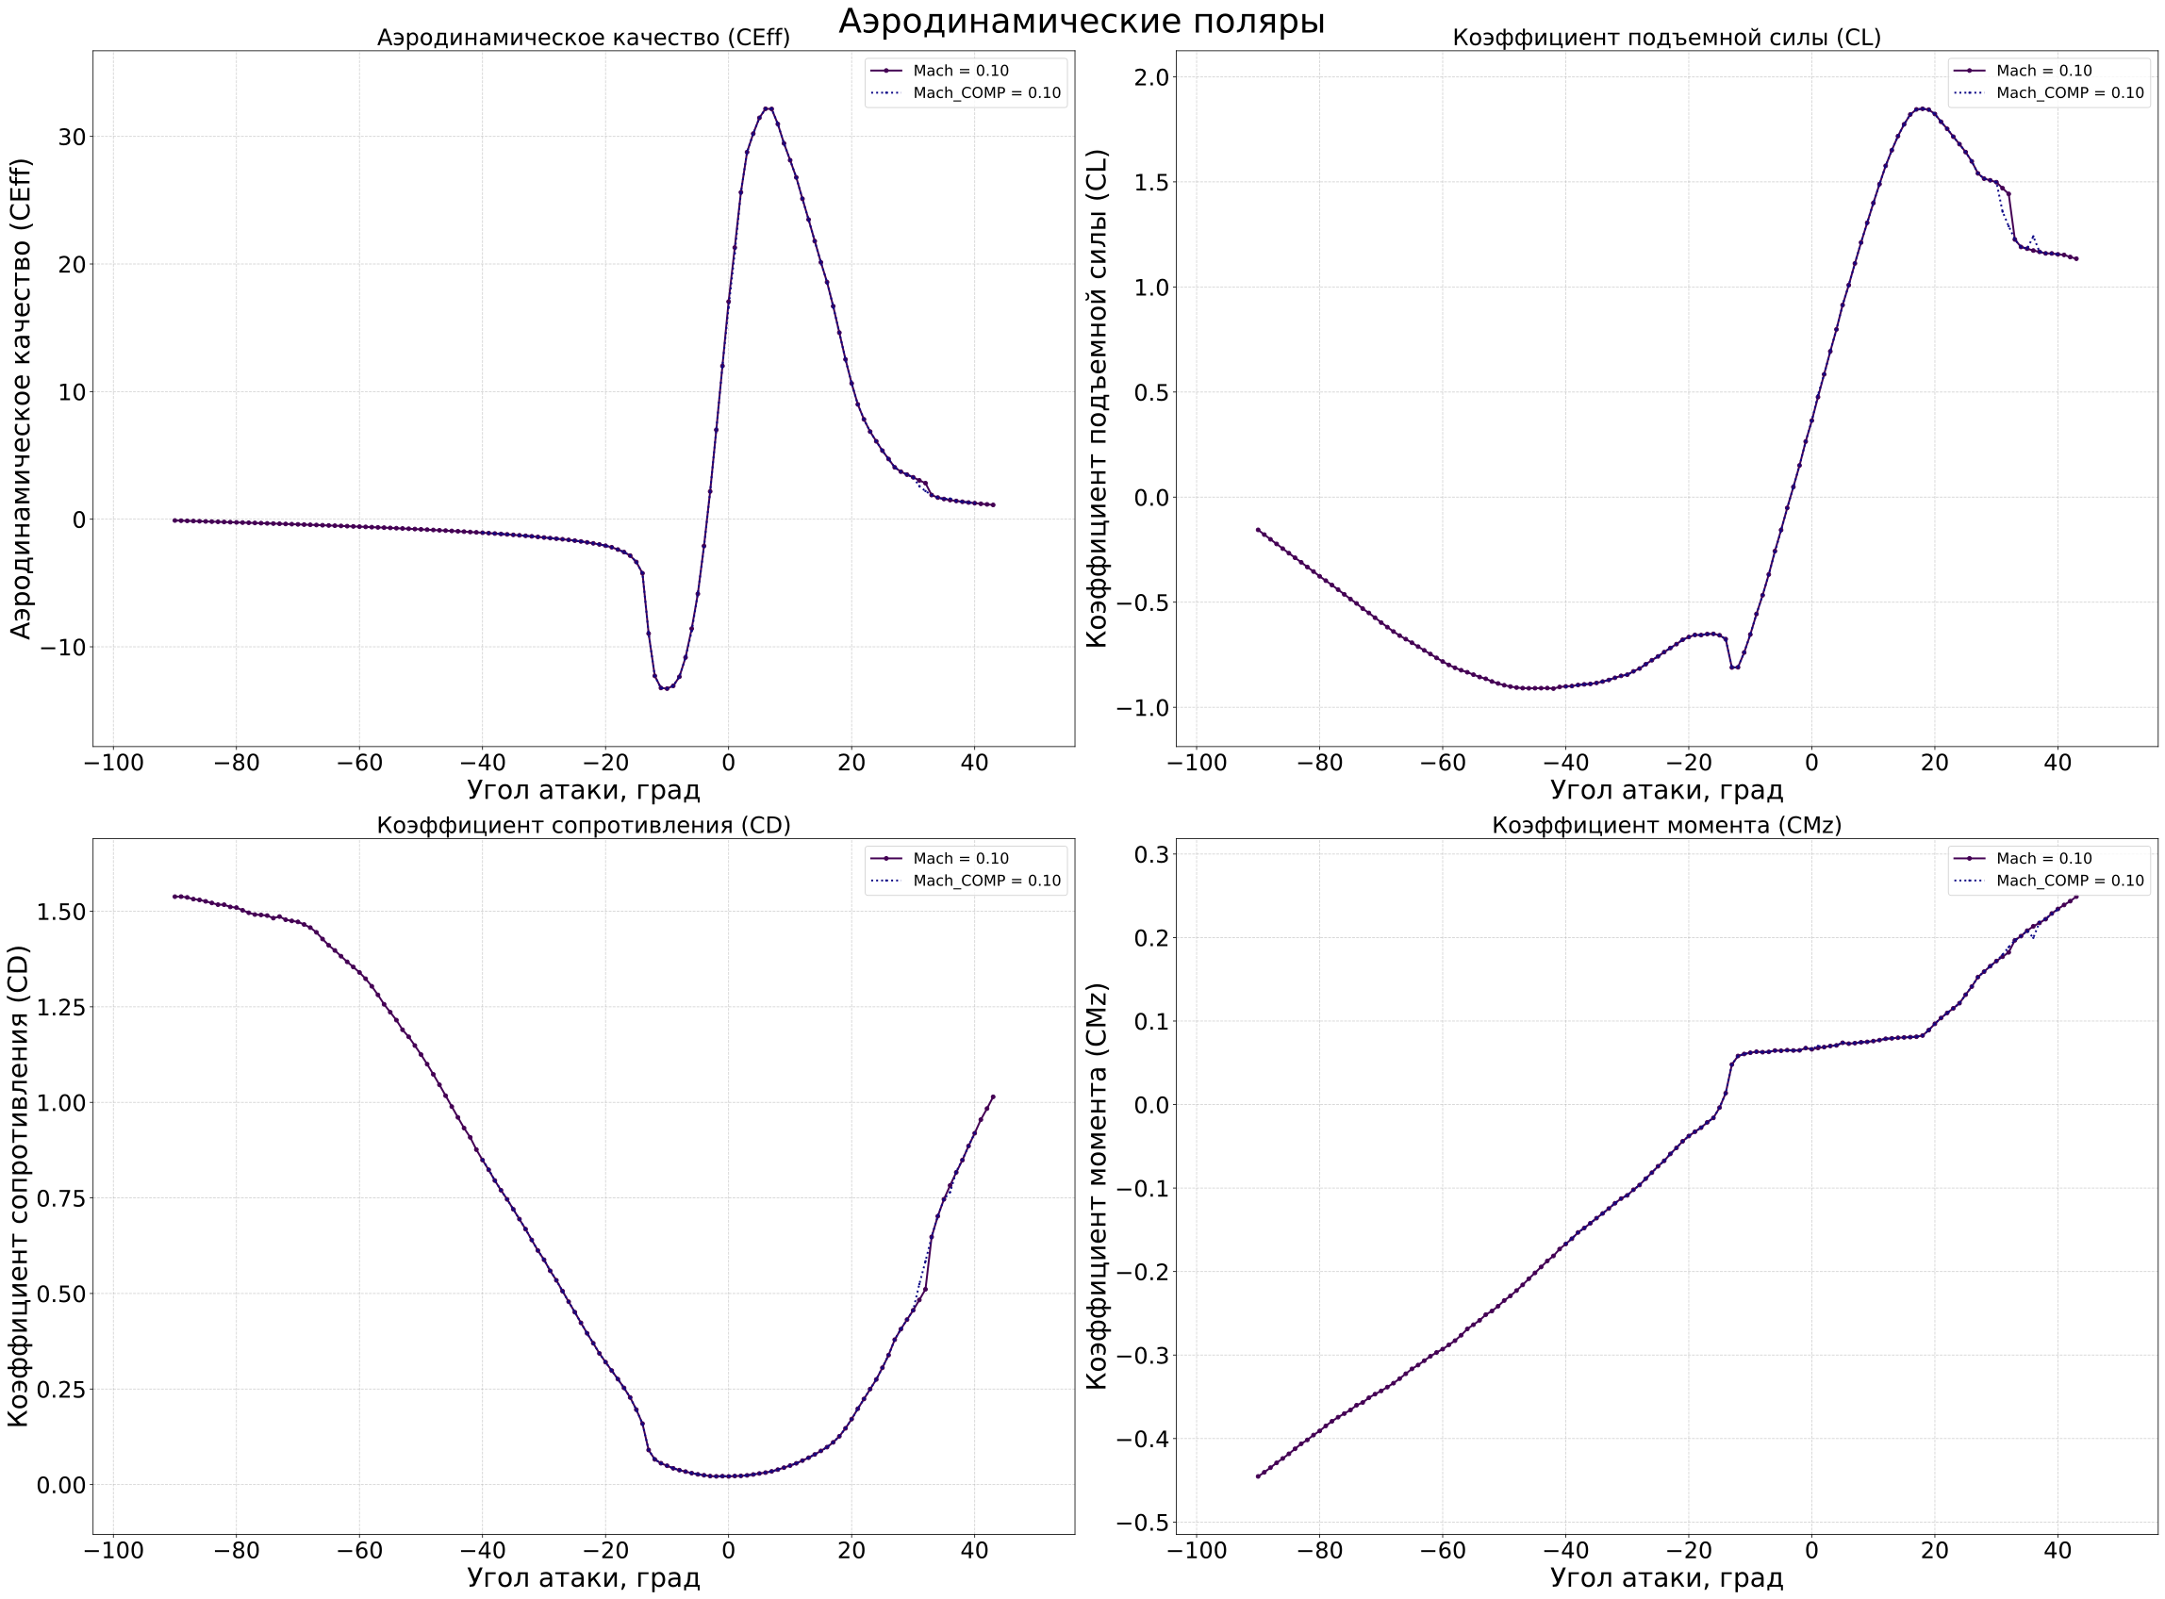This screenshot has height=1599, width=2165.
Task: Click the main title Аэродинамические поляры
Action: pyautogui.click(x=1081, y=22)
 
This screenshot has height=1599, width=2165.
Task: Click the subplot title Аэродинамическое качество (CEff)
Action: pyautogui.click(x=583, y=38)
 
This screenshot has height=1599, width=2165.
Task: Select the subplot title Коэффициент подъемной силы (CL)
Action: pyautogui.click(x=1666, y=38)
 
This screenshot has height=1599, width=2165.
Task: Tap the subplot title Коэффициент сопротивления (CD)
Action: pyautogui.click(x=583, y=826)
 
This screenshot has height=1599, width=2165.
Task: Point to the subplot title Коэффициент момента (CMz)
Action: pyautogui.click(x=1666, y=826)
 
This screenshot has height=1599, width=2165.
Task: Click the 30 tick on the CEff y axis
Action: pyautogui.click(x=72, y=138)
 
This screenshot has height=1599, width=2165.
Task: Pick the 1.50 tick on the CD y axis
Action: pyautogui.click(x=61, y=912)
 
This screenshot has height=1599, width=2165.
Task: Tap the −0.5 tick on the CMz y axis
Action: pyautogui.click(x=1142, y=1524)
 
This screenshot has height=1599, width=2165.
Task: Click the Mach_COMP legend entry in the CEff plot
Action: pyautogui.click(x=986, y=93)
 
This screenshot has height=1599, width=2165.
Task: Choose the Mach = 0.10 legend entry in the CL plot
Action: pyautogui.click(x=2043, y=71)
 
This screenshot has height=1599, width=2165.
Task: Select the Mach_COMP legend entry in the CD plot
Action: pyautogui.click(x=986, y=881)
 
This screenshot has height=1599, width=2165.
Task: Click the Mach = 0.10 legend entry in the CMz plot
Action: pyautogui.click(x=2043, y=859)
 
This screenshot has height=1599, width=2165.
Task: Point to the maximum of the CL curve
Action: pyautogui.click(x=1922, y=108)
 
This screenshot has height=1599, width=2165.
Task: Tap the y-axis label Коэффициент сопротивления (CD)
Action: pyautogui.click(x=19, y=1187)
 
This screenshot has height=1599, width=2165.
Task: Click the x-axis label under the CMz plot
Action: pyautogui.click(x=1666, y=1577)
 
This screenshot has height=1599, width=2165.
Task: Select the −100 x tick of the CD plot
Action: pyautogui.click(x=113, y=1550)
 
